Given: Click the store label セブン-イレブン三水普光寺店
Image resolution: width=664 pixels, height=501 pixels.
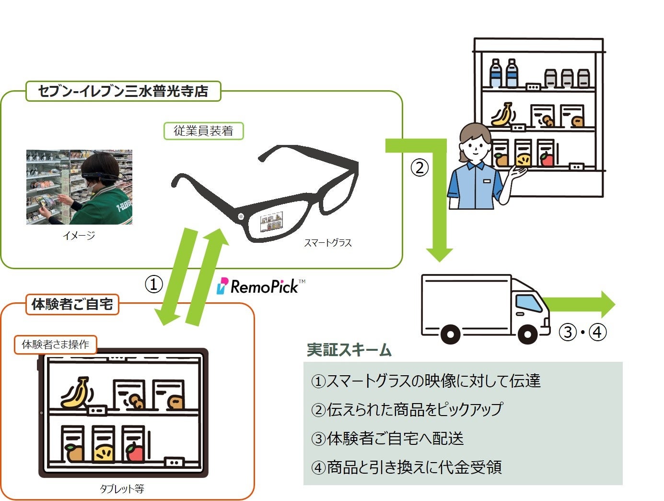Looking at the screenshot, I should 123,91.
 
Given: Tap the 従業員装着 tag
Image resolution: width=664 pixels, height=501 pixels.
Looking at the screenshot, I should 203,131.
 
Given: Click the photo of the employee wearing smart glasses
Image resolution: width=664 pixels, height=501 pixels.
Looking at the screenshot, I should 79,187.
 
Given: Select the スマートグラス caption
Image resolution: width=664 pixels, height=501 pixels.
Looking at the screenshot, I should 328,243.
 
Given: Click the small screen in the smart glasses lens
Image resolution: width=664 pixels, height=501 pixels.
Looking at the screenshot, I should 271,222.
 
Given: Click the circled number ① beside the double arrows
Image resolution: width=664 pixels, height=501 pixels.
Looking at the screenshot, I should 154,285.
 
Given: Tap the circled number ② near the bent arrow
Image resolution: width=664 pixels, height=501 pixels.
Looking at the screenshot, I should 419,167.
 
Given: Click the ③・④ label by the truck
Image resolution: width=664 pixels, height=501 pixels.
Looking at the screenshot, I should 583,332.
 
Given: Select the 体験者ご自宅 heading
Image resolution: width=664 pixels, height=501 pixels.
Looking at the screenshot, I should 72,304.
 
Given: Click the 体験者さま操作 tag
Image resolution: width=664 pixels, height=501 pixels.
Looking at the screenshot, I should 55,345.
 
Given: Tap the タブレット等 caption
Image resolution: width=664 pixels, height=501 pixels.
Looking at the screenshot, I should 122,489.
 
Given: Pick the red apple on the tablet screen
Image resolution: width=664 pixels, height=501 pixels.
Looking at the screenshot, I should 135,452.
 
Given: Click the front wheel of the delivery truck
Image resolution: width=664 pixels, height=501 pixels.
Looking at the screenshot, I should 527,334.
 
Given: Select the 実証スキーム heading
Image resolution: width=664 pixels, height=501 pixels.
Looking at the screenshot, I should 349,350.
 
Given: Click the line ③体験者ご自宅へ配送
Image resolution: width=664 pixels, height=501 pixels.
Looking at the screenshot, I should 387,439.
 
